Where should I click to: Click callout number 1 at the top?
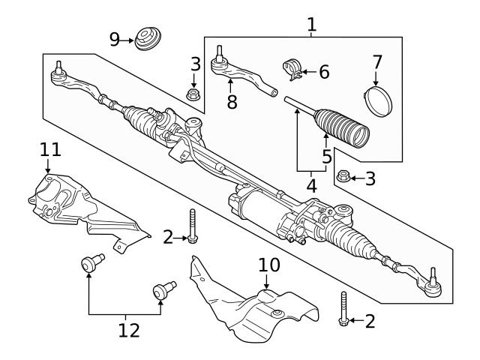(x=311, y=25)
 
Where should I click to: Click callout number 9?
(x=115, y=39)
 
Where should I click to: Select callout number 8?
(x=232, y=103)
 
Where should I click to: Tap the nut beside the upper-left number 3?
(x=192, y=95)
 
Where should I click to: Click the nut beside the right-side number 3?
(x=343, y=178)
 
